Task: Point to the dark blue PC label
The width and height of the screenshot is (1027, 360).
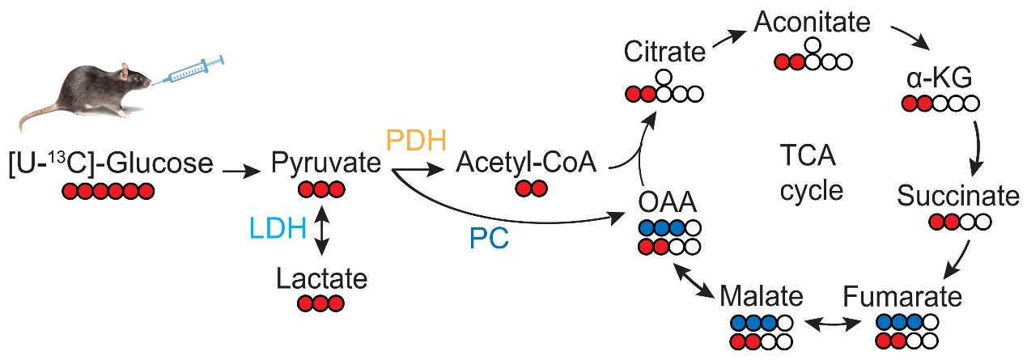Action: tap(489, 239)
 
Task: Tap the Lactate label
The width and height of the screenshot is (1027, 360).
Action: tap(322, 279)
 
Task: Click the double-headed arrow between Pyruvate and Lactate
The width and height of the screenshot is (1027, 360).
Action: tap(322, 230)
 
